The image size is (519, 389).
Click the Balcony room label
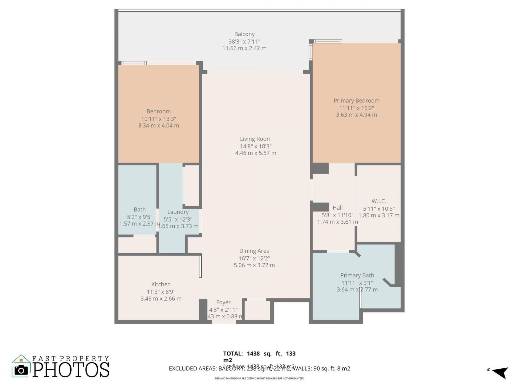(x=244, y=34)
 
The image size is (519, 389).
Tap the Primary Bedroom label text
(x=356, y=100)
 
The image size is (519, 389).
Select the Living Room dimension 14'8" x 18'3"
(x=255, y=146)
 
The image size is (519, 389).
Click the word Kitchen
(x=161, y=284)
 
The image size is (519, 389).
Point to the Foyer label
(x=223, y=302)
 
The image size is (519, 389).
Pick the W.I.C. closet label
(x=378, y=201)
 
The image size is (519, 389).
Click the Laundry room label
(x=178, y=212)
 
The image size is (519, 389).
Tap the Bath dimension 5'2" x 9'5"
(x=139, y=217)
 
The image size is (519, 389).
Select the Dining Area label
(x=254, y=251)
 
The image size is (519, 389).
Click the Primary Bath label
(x=357, y=275)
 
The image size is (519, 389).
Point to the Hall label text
(x=337, y=208)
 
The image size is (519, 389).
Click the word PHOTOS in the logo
(x=71, y=370)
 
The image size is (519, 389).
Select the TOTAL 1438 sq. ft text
(x=259, y=354)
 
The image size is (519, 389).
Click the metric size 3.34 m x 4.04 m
(x=158, y=126)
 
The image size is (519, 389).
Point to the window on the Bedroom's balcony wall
(x=134, y=63)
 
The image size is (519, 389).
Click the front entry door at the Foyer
(x=224, y=321)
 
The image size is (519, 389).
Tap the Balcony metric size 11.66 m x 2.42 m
(x=244, y=48)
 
